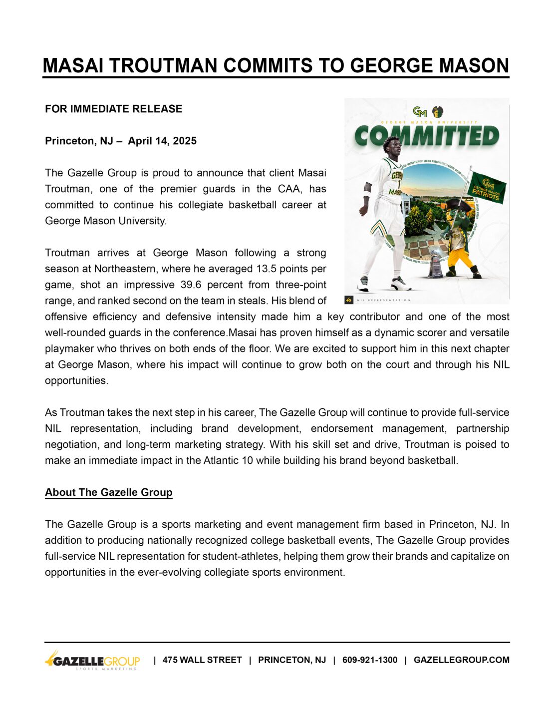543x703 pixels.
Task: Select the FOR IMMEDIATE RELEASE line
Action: click(x=113, y=109)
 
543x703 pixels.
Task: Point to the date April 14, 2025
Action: click(x=162, y=141)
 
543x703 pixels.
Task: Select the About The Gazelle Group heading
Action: click(x=109, y=492)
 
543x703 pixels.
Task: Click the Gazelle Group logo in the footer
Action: click(x=92, y=661)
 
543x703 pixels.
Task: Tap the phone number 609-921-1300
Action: click(x=370, y=660)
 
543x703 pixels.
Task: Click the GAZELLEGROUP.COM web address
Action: click(x=462, y=660)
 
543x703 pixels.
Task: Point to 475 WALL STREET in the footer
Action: click(x=202, y=660)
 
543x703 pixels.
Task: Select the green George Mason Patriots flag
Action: click(x=488, y=187)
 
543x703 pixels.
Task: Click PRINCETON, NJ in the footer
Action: click(x=292, y=660)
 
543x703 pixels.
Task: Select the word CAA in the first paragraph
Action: click(x=290, y=189)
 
